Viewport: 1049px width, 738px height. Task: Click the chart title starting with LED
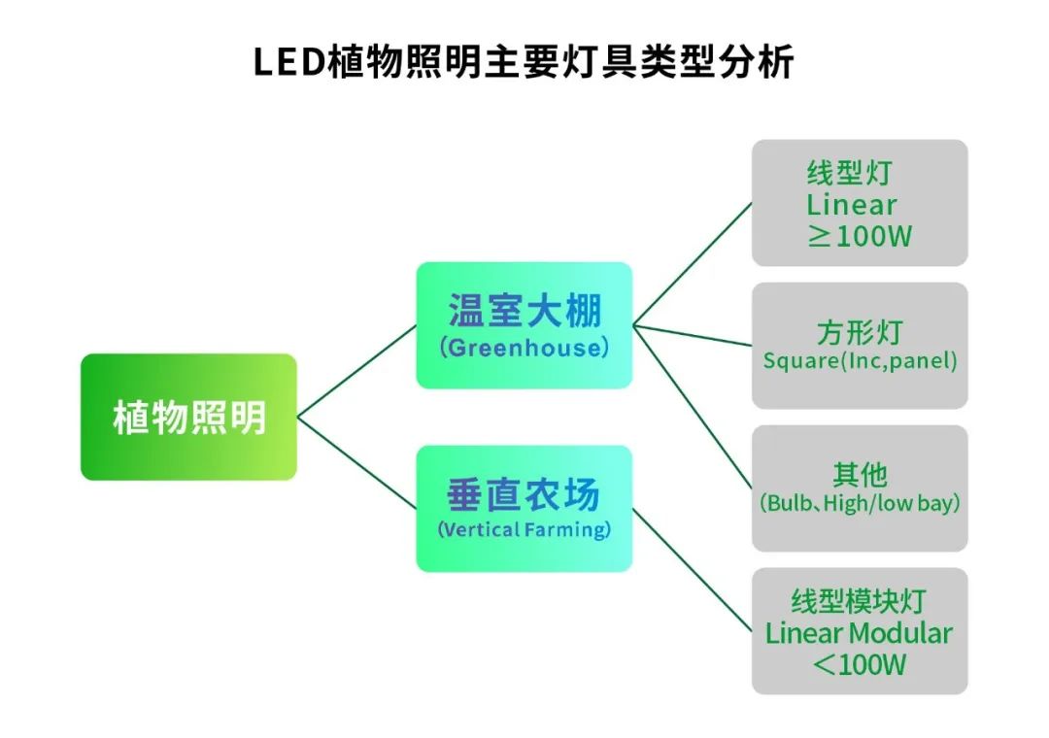[x=524, y=61]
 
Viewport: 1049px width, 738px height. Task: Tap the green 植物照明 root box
[x=188, y=418]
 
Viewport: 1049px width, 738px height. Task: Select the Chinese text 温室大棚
[x=524, y=311]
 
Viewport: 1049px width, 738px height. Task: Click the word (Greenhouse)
[x=524, y=348]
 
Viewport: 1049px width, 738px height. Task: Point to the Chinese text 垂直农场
[x=524, y=495]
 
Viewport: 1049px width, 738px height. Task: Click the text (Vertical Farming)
[x=524, y=530]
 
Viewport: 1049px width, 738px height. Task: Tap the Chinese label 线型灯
[x=849, y=174]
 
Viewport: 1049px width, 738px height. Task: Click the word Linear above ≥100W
[x=852, y=205]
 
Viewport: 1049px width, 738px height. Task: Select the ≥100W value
[x=860, y=236]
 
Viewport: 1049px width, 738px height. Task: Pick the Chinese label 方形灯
[x=860, y=332]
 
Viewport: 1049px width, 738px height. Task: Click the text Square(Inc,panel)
[x=860, y=362]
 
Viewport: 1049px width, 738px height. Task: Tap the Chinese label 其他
[x=860, y=475]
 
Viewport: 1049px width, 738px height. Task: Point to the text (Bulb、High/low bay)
[x=860, y=504]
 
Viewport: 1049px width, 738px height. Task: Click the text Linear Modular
[x=860, y=634]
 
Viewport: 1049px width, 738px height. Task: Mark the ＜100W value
[x=860, y=665]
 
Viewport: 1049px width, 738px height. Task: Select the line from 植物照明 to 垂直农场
[x=356, y=463]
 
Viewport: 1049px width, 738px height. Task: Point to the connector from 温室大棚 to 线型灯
[x=692, y=263]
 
